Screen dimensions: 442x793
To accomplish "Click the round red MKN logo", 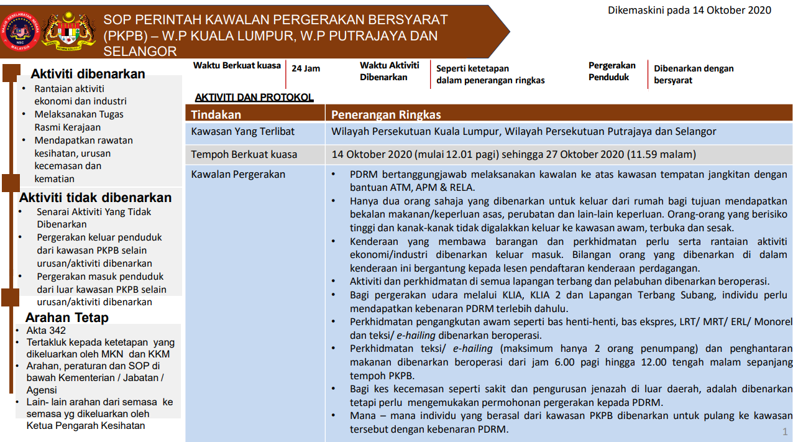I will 19,31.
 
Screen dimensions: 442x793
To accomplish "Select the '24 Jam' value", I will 306,68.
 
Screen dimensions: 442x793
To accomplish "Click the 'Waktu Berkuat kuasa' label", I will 237,65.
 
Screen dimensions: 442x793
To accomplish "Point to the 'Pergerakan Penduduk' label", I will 612,71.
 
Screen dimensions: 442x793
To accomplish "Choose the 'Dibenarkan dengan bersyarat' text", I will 694,74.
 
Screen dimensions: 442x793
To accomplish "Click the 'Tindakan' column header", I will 216,114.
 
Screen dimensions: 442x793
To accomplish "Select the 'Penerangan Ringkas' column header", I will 386,114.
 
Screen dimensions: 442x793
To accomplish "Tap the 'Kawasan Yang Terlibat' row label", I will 243,132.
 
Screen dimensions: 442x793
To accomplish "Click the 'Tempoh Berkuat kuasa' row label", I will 244,154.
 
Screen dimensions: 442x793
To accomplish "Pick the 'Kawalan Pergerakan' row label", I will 238,174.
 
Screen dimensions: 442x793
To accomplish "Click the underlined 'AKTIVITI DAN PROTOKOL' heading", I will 254,97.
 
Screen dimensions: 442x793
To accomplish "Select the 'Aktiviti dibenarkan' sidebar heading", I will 88,74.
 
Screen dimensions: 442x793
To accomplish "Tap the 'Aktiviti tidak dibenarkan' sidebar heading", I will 95,198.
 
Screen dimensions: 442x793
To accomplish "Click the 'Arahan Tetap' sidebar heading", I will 66,318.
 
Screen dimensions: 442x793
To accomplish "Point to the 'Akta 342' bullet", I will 46,330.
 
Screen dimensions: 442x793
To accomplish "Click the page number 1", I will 785,432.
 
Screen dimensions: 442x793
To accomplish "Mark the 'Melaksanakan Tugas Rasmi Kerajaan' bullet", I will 79,121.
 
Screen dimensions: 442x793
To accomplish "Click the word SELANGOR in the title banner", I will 140,51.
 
